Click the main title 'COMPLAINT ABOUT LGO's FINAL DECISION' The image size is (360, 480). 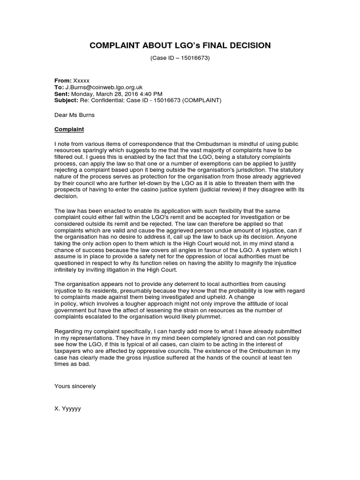point(180,45)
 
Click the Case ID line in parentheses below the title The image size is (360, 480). point(180,59)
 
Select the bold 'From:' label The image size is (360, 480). point(63,81)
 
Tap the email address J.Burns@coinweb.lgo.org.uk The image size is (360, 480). point(104,87)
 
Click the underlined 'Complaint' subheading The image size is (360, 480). point(69,128)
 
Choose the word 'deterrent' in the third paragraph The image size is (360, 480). point(173,284)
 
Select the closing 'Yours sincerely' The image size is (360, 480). point(75,386)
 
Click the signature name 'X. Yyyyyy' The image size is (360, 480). point(67,408)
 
